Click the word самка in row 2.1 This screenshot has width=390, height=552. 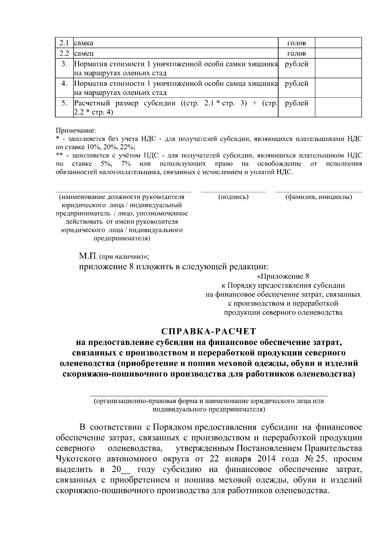point(84,43)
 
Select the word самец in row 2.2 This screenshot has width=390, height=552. point(84,53)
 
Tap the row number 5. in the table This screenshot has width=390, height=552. point(64,103)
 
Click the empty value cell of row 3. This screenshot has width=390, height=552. point(338,68)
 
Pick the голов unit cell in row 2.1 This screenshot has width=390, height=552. point(296,43)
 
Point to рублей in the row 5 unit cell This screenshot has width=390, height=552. point(296,103)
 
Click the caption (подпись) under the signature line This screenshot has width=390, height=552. point(233,197)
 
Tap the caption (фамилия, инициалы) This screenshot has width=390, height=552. point(318,197)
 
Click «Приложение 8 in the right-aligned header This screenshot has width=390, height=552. point(282,276)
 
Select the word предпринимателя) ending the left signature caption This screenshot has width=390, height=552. point(122,239)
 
